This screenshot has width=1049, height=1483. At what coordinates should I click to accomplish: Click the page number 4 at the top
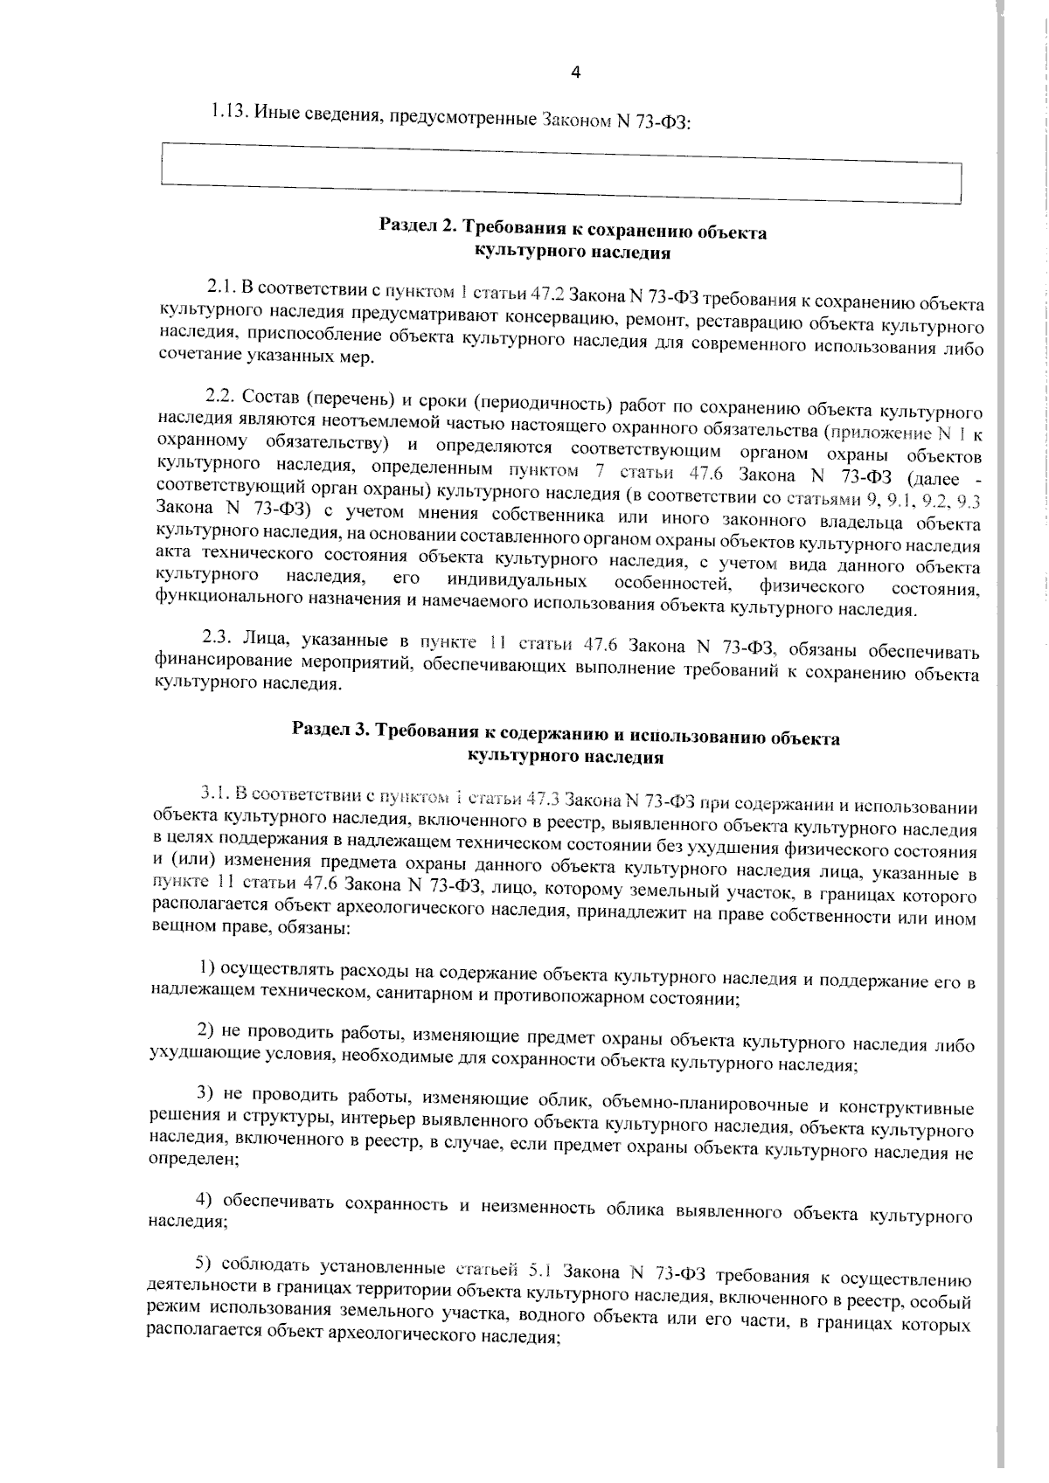[575, 73]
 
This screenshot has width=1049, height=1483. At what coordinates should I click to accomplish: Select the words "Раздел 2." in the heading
[418, 226]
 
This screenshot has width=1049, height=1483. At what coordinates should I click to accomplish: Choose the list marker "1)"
[206, 967]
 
